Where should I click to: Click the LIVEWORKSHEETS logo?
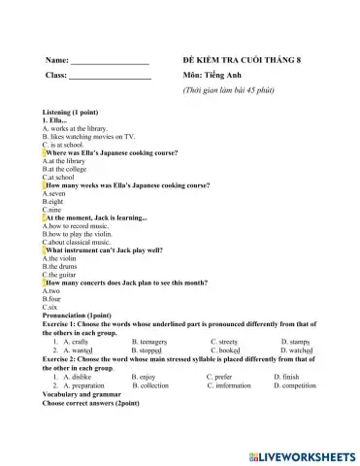pos(304,454)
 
